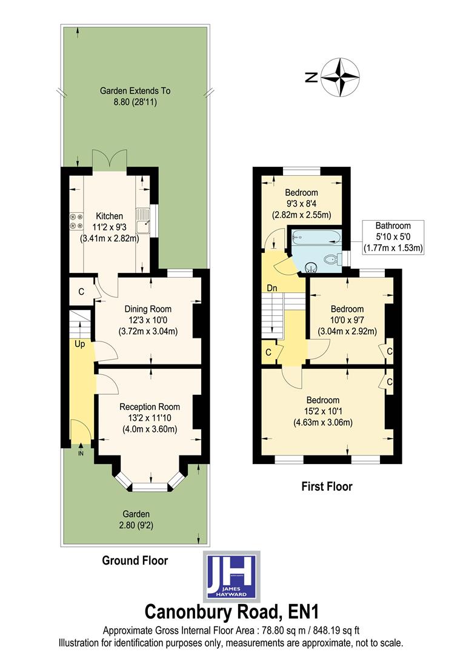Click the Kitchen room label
point(110,216)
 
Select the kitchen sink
point(142,222)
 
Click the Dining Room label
point(148,309)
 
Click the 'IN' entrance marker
point(81,452)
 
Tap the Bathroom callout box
point(391,237)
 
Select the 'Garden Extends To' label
point(135,91)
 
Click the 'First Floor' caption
point(327,486)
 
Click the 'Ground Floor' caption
point(135,560)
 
